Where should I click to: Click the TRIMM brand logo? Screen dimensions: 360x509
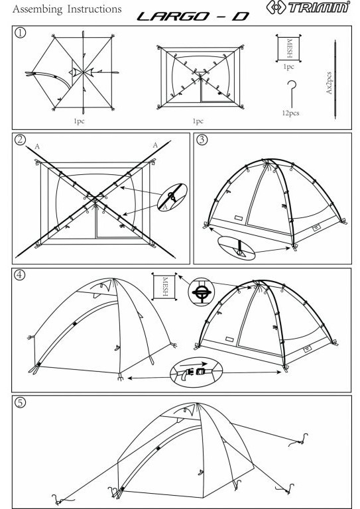308,7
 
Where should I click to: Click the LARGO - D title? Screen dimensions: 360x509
193,16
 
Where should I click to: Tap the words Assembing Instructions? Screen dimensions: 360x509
67,9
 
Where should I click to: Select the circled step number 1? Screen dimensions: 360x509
20,32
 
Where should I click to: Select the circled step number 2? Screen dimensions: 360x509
20,140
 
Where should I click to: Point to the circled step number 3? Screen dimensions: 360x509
202,140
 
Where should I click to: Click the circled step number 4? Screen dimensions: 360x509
20,274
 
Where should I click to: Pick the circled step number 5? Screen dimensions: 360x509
20,402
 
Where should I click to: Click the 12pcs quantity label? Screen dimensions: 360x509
290,113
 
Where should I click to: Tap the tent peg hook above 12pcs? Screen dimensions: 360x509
292,94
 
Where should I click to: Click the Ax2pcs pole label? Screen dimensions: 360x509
329,83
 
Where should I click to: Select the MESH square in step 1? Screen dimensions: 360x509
288,48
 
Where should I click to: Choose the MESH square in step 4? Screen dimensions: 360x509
164,286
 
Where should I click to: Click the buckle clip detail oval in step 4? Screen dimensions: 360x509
197,372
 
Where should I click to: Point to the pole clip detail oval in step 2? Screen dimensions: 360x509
172,198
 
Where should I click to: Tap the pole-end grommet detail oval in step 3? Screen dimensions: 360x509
236,248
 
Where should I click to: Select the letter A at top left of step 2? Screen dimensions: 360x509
37,146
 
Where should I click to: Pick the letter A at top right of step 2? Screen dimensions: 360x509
155,145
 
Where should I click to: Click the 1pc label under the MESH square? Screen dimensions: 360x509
288,66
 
